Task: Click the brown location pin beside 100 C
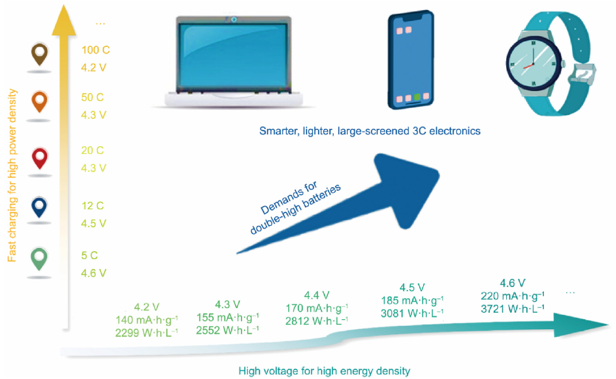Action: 40,54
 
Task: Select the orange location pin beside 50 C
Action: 40,101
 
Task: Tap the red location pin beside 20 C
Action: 40,158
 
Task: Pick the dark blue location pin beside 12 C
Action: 39,207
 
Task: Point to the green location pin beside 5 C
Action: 39,259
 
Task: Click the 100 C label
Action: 95,50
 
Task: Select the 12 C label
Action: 92,206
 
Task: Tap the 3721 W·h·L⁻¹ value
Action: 512,309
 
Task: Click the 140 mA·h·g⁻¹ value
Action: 147,320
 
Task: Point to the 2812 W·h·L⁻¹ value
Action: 317,321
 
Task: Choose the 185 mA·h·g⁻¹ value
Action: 412,300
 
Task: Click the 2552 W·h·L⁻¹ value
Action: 227,330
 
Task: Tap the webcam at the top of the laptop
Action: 234,20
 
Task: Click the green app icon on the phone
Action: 417,97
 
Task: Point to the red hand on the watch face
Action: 528,66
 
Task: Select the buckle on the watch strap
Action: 582,74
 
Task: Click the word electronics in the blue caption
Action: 455,131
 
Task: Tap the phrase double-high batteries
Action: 295,209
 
